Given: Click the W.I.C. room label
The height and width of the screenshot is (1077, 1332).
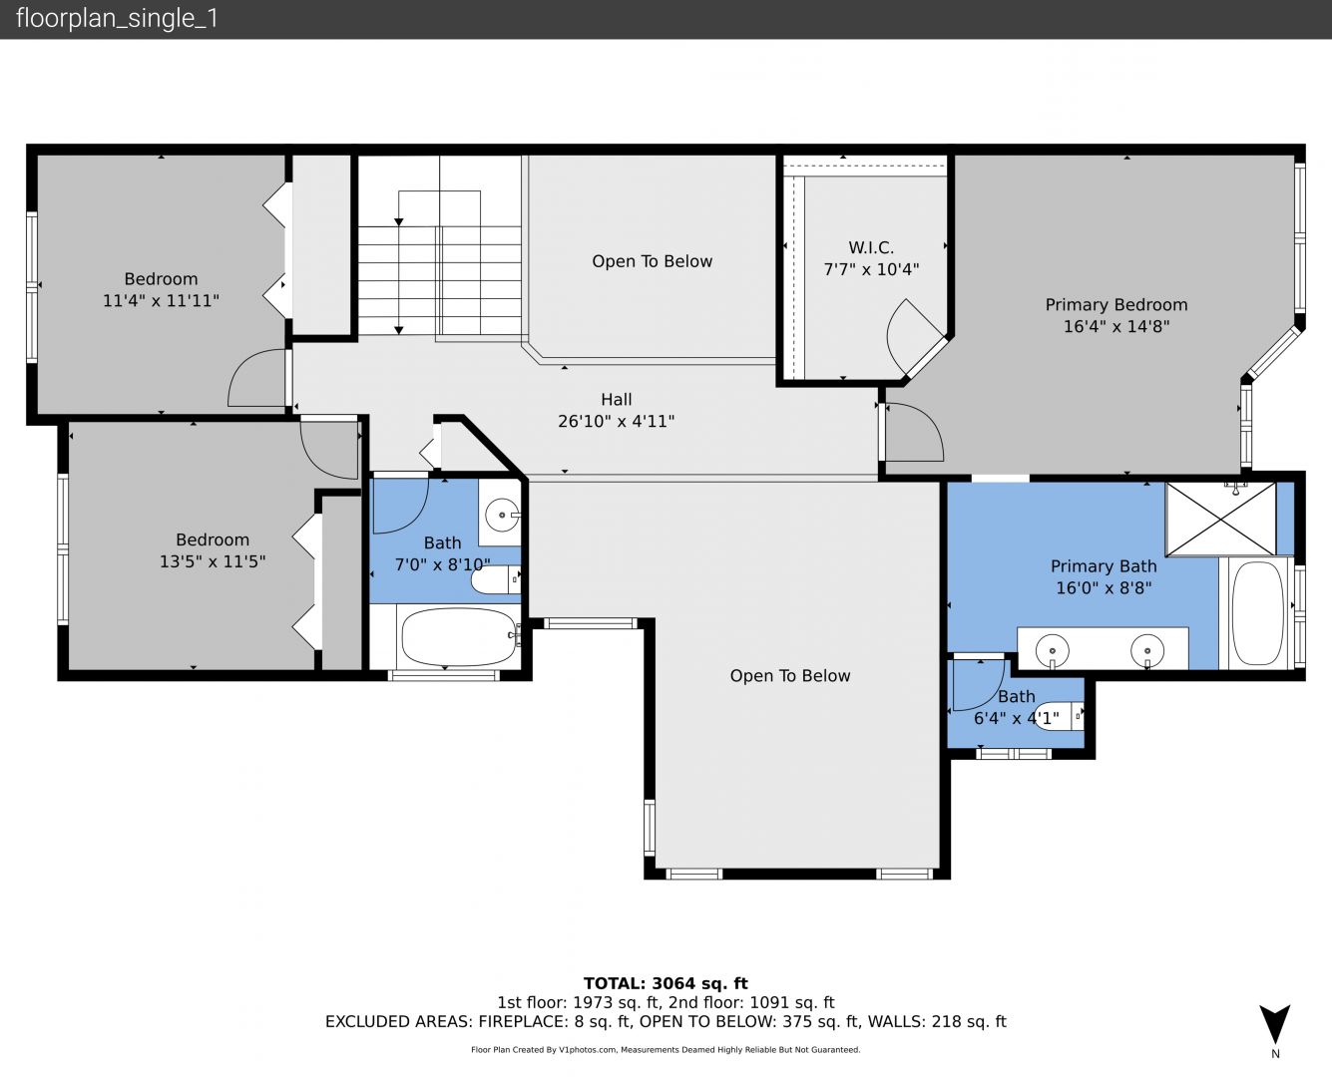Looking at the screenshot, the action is click(x=871, y=247).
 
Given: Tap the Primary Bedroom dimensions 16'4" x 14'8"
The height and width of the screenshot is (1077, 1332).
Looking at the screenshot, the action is click(x=1116, y=326).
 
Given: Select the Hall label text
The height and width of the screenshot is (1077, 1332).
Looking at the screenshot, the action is click(x=616, y=400).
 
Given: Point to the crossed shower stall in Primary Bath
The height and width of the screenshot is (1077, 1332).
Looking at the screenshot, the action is click(x=1220, y=519).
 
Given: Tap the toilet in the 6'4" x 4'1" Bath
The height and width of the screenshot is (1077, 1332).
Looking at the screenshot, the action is click(x=1058, y=716).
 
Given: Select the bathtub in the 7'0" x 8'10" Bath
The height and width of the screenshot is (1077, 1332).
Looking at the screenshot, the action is click(x=460, y=636).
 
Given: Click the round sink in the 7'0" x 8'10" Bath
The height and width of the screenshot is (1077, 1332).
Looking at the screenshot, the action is click(x=502, y=515).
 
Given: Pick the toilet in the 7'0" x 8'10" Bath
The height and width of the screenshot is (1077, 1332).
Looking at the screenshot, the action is click(x=495, y=579).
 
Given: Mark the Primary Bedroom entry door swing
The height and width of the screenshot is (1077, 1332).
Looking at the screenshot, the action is click(x=914, y=433).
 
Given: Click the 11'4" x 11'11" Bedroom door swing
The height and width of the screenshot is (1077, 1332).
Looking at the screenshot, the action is click(x=257, y=378).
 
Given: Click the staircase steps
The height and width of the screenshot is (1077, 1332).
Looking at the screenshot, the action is click(x=440, y=280).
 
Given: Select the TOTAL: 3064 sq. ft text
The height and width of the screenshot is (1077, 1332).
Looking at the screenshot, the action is click(x=666, y=983).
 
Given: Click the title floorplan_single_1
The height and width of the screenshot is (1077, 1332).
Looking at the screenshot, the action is click(x=117, y=19).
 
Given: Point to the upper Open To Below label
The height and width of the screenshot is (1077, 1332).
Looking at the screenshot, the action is click(x=653, y=261).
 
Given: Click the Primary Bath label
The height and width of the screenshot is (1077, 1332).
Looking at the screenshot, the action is click(x=1104, y=566).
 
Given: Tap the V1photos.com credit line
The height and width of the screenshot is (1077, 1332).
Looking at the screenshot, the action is click(x=666, y=1049).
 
